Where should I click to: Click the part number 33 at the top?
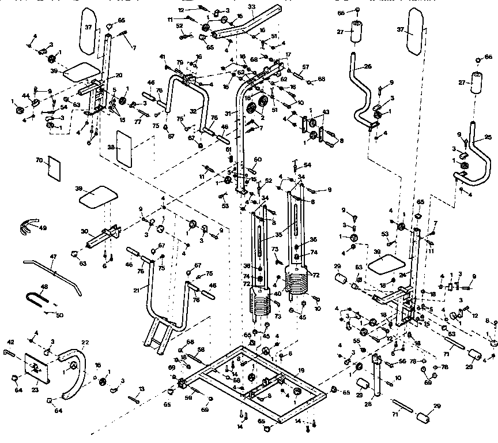(x=251, y=6)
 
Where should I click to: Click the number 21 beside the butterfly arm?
(x=136, y=291)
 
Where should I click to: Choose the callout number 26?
(x=367, y=66)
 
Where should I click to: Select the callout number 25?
(x=488, y=138)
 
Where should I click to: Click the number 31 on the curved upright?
(x=244, y=112)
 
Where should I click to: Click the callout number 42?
(x=10, y=341)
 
